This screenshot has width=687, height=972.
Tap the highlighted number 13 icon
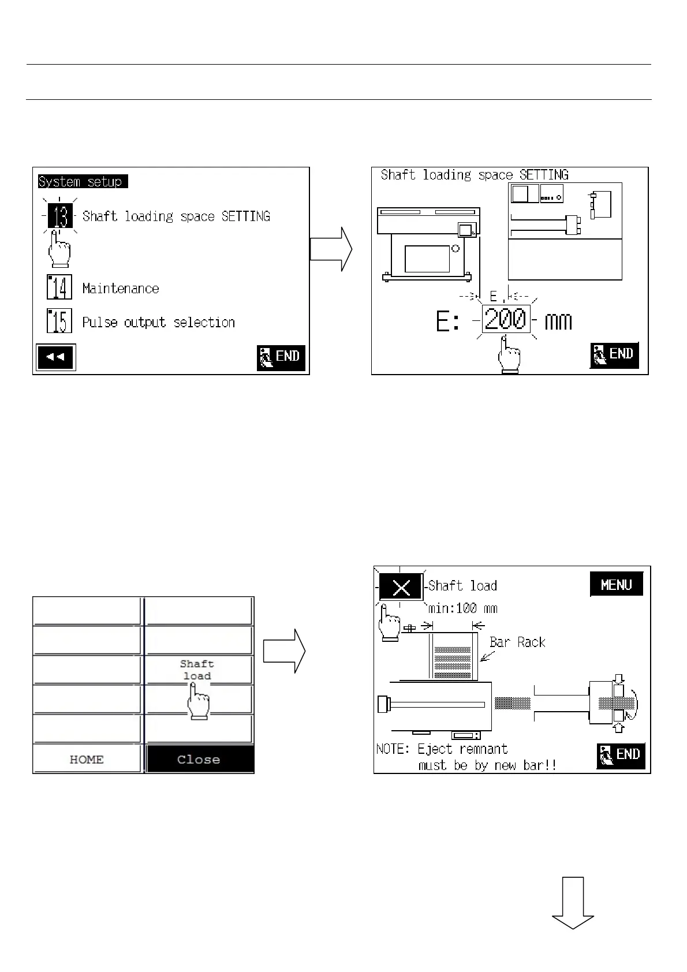61,216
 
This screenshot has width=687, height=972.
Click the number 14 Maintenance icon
59,287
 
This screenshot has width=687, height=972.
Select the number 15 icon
59,321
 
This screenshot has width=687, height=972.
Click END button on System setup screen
281,357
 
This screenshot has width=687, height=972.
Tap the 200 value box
505,320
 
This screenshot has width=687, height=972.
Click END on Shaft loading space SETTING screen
614,354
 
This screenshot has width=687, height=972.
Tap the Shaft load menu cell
198,670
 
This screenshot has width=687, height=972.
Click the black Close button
199,760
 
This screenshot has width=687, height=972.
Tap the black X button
401,588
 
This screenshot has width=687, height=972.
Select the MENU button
616,585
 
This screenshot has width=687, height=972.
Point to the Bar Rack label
517,642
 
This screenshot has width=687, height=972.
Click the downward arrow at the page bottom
573,903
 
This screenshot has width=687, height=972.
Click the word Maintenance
121,289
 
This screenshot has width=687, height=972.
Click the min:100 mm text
463,608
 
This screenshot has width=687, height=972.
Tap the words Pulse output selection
159,322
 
